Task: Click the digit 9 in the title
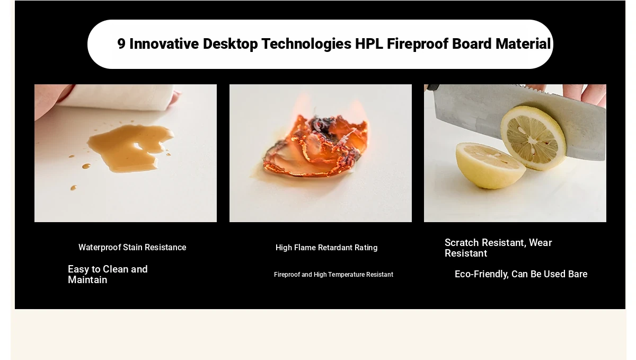[121, 44]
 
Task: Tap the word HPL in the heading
[369, 44]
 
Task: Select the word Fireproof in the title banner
[418, 45]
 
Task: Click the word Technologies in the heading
[306, 45]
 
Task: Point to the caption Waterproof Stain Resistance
[132, 248]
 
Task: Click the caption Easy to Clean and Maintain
[108, 275]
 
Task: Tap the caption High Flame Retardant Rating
[326, 248]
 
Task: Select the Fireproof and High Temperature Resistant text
[333, 275]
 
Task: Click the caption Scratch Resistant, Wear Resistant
[498, 248]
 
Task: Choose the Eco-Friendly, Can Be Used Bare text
[521, 274]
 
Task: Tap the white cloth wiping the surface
[117, 98]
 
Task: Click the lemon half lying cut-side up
[491, 165]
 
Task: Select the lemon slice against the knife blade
[533, 138]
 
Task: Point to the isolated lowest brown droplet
[74, 188]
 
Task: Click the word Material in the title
[523, 44]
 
